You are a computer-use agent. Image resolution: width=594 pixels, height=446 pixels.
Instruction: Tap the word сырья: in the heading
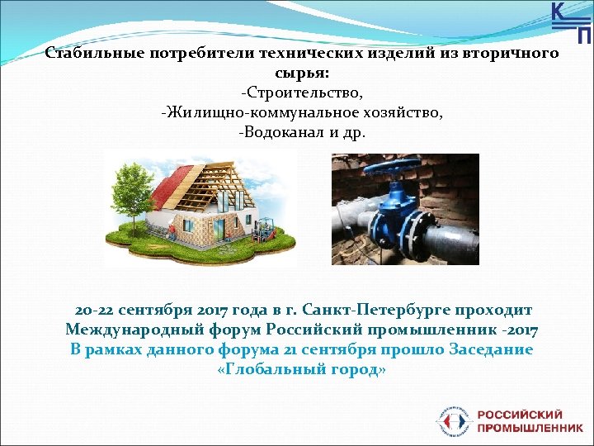pos(302,73)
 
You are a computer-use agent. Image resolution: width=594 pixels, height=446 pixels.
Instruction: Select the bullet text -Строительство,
pos(302,93)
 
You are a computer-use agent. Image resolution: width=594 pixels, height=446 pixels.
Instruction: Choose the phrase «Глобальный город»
pos(302,370)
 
